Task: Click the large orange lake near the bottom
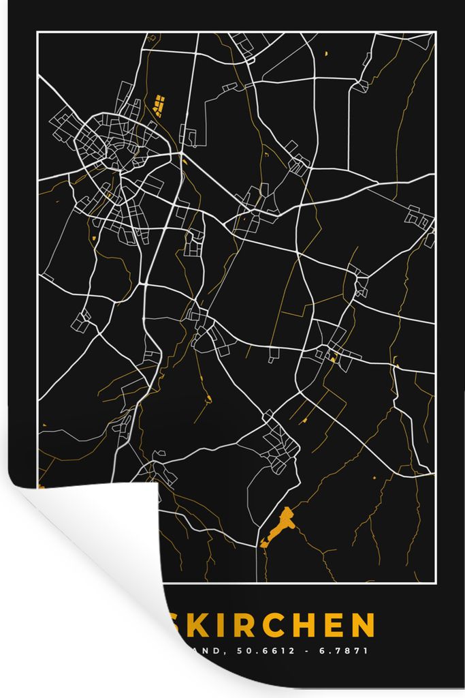pyautogui.click(x=280, y=526)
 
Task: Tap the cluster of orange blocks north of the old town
pyautogui.click(x=160, y=106)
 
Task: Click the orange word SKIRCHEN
pyautogui.click(x=270, y=625)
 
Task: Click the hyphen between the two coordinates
pyautogui.click(x=310, y=651)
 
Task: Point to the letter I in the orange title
pyautogui.click(x=217, y=625)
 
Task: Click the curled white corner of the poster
pyautogui.click(x=95, y=545)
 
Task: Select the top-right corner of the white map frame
pyautogui.click(x=434, y=33)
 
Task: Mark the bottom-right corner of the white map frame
pyautogui.click(x=434, y=583)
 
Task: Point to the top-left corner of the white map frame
pyautogui.click(x=37, y=33)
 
